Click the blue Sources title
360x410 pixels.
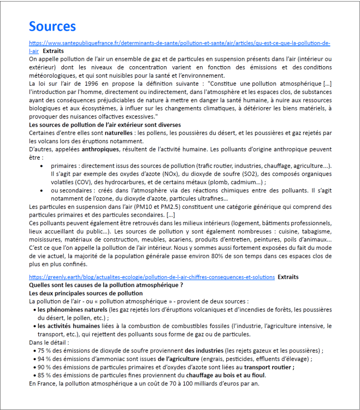coord(52,26)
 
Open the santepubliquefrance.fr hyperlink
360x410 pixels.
coord(179,43)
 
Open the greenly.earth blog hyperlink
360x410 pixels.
coord(151,277)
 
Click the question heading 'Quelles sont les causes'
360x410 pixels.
coord(105,285)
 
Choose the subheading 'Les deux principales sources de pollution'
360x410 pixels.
coord(86,293)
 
